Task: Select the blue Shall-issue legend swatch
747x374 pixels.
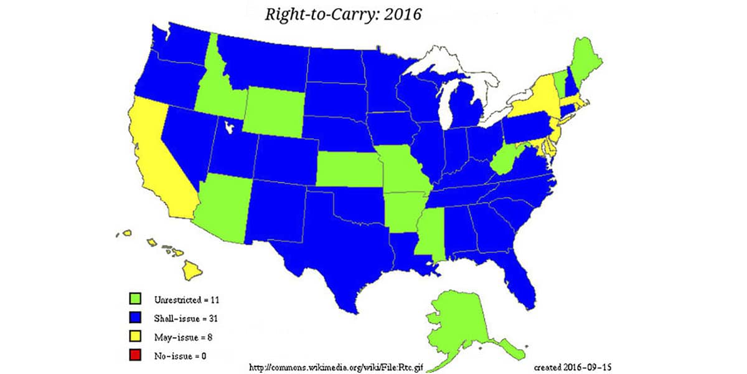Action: click(134, 319)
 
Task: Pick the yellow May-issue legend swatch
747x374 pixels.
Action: click(134, 337)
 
